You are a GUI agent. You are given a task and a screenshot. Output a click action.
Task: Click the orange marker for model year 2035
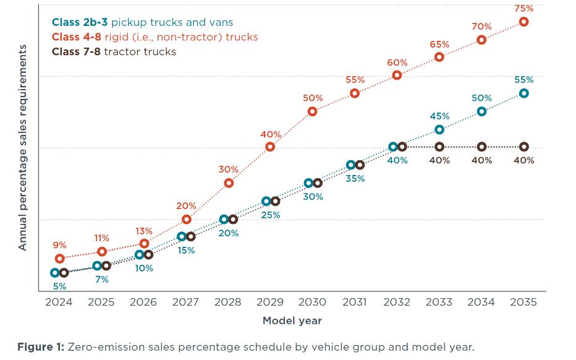coord(523,22)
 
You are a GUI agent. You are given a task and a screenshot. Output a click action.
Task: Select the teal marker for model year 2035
coord(523,93)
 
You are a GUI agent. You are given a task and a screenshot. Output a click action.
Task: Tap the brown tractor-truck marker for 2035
coord(523,147)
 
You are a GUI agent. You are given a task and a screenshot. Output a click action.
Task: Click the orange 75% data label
coord(523,9)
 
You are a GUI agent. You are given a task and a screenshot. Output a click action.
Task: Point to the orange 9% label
coord(60,246)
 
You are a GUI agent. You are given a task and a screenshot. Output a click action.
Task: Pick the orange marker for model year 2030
coord(312,111)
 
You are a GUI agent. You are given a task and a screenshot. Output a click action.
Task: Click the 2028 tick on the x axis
coord(227,302)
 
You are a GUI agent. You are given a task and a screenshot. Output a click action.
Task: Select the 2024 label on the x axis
coord(59,302)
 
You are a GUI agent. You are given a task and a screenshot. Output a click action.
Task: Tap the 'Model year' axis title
coord(292,320)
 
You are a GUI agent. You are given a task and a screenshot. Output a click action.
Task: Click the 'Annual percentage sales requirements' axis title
coord(23,147)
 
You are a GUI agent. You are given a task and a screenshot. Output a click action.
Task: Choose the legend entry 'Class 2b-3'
coord(80,22)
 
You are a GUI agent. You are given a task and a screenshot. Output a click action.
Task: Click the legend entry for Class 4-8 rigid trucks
coord(155,37)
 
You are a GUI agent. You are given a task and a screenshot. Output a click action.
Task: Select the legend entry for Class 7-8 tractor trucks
coord(114,51)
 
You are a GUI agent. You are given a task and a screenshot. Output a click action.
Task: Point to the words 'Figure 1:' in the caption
coord(40,346)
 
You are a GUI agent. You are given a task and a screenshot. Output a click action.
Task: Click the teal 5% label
coord(60,286)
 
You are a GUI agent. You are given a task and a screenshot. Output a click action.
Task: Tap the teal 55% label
coord(523,80)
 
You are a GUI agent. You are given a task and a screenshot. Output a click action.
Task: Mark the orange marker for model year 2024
coord(60,259)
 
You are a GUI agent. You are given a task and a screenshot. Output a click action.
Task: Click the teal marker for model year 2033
coord(439,129)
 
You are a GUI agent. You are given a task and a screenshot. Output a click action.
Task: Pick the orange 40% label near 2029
coord(270,134)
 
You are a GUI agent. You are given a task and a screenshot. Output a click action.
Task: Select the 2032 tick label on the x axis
coord(397,302)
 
